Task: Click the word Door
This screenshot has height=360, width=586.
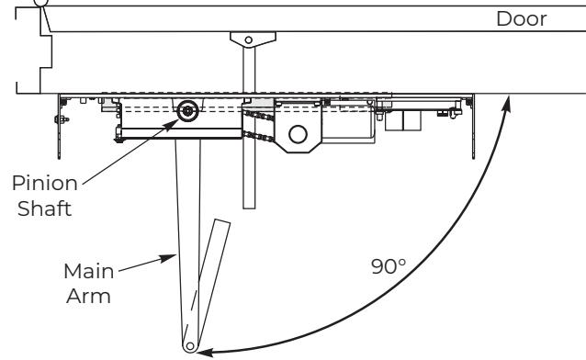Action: [522, 18]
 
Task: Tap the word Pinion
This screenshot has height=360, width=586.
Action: [45, 183]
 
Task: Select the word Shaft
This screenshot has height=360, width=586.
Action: [44, 208]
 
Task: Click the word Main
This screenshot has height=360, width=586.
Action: [88, 271]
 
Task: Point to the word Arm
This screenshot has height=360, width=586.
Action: [88, 296]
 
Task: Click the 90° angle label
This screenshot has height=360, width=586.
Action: [389, 266]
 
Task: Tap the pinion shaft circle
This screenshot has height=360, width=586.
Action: [187, 110]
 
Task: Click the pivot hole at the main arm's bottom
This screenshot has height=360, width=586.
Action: [190, 346]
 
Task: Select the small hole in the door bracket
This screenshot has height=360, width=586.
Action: [248, 39]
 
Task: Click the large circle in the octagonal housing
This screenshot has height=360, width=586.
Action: [298, 134]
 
